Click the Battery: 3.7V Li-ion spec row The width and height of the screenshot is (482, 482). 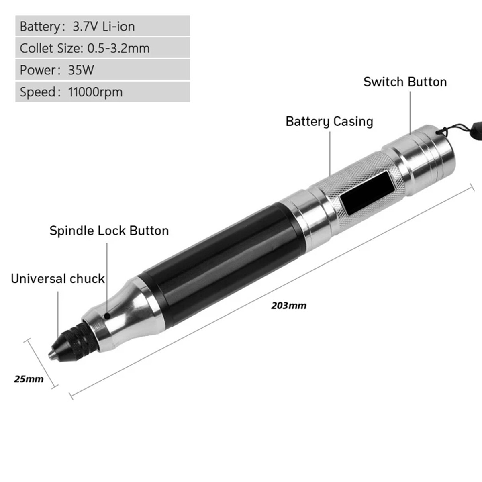(x=102, y=27)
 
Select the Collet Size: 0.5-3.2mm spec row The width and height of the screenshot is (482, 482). (x=102, y=48)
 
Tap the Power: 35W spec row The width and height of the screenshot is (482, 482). (x=102, y=70)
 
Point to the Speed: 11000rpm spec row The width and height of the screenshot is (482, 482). (x=102, y=92)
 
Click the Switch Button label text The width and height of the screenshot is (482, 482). (x=405, y=82)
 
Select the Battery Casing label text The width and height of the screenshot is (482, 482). (x=329, y=121)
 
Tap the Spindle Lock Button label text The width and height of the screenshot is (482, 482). (x=109, y=231)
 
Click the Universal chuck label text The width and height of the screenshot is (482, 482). (x=58, y=279)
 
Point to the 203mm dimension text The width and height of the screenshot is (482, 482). (x=288, y=306)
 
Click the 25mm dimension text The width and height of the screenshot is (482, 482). (x=29, y=379)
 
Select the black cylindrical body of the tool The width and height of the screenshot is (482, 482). (x=217, y=261)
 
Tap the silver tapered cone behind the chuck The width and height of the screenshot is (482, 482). (x=125, y=313)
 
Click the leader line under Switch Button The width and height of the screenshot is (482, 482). (x=410, y=112)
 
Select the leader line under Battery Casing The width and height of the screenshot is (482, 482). (x=330, y=153)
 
